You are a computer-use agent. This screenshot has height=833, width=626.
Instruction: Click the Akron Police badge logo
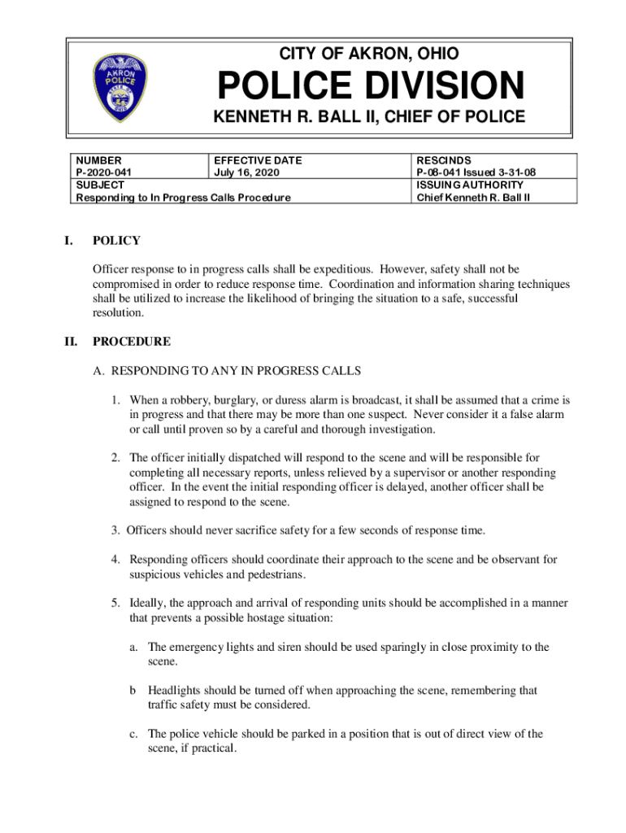coord(121,88)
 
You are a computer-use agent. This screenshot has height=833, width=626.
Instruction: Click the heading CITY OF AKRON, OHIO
coord(369,54)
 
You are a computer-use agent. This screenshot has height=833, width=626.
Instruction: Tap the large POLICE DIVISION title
coord(369,86)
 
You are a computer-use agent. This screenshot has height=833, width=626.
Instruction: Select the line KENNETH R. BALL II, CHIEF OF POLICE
coord(369,117)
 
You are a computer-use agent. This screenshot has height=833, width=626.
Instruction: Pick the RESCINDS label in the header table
coord(444,161)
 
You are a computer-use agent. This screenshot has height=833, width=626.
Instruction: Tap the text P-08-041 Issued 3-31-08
coord(476,172)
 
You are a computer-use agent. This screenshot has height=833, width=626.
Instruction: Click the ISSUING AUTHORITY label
coord(470,185)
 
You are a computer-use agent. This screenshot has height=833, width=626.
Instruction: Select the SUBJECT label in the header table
coord(95,185)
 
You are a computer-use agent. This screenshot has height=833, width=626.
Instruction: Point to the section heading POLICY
coord(116,241)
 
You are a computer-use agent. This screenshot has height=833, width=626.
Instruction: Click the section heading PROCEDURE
coord(132,342)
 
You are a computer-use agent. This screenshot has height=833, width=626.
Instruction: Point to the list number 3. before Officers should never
coord(117,531)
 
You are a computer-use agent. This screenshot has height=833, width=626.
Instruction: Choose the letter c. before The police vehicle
coord(133,734)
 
